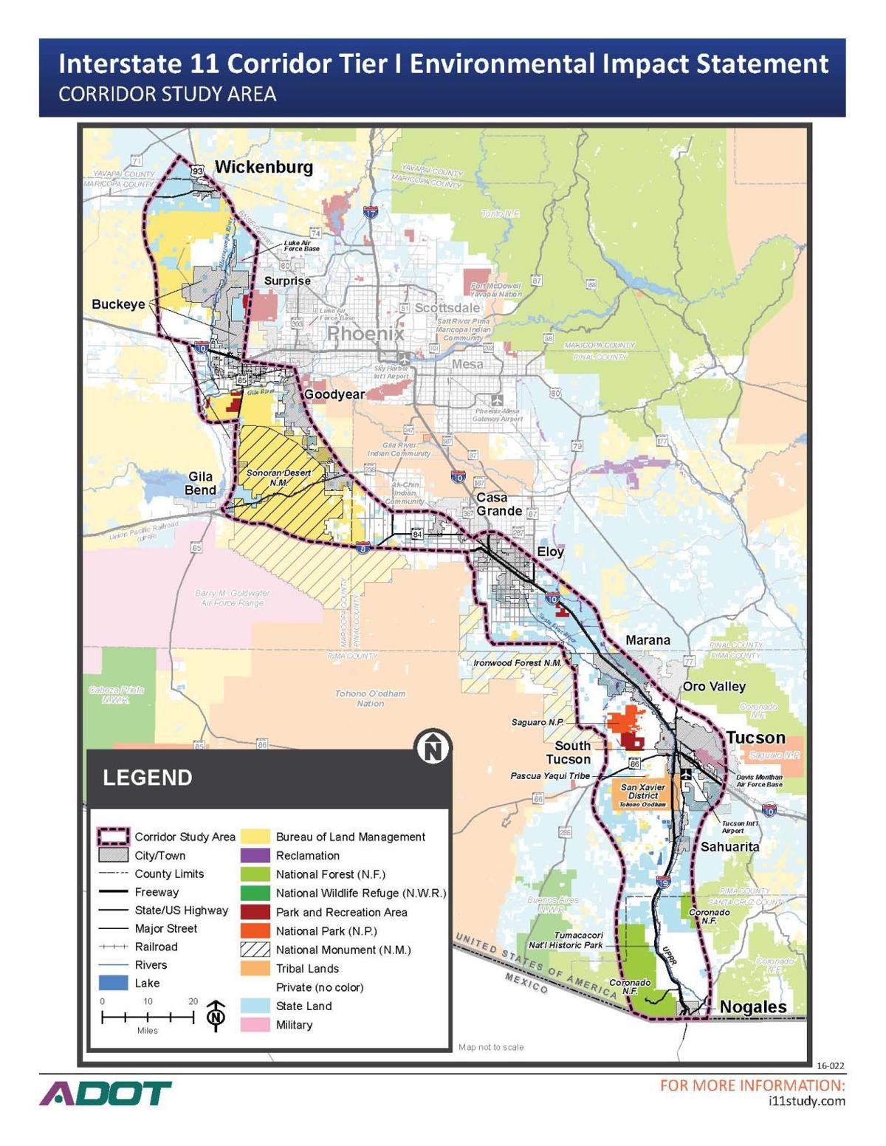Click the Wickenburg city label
(x=264, y=167)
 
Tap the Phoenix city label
(x=365, y=334)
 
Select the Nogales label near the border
(x=752, y=1006)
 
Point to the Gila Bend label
(x=200, y=484)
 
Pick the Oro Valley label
(x=713, y=686)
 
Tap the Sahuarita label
(x=729, y=846)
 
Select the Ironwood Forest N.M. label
(x=518, y=662)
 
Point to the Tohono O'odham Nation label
(x=370, y=699)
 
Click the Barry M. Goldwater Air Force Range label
(x=232, y=598)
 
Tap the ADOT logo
(x=106, y=1094)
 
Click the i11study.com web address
(x=806, y=1101)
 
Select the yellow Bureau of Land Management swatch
(x=255, y=837)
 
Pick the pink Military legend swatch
(x=255, y=1025)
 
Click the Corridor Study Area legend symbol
(x=114, y=837)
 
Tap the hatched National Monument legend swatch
(x=255, y=950)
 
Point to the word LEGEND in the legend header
(x=148, y=778)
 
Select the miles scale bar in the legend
(x=148, y=1017)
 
